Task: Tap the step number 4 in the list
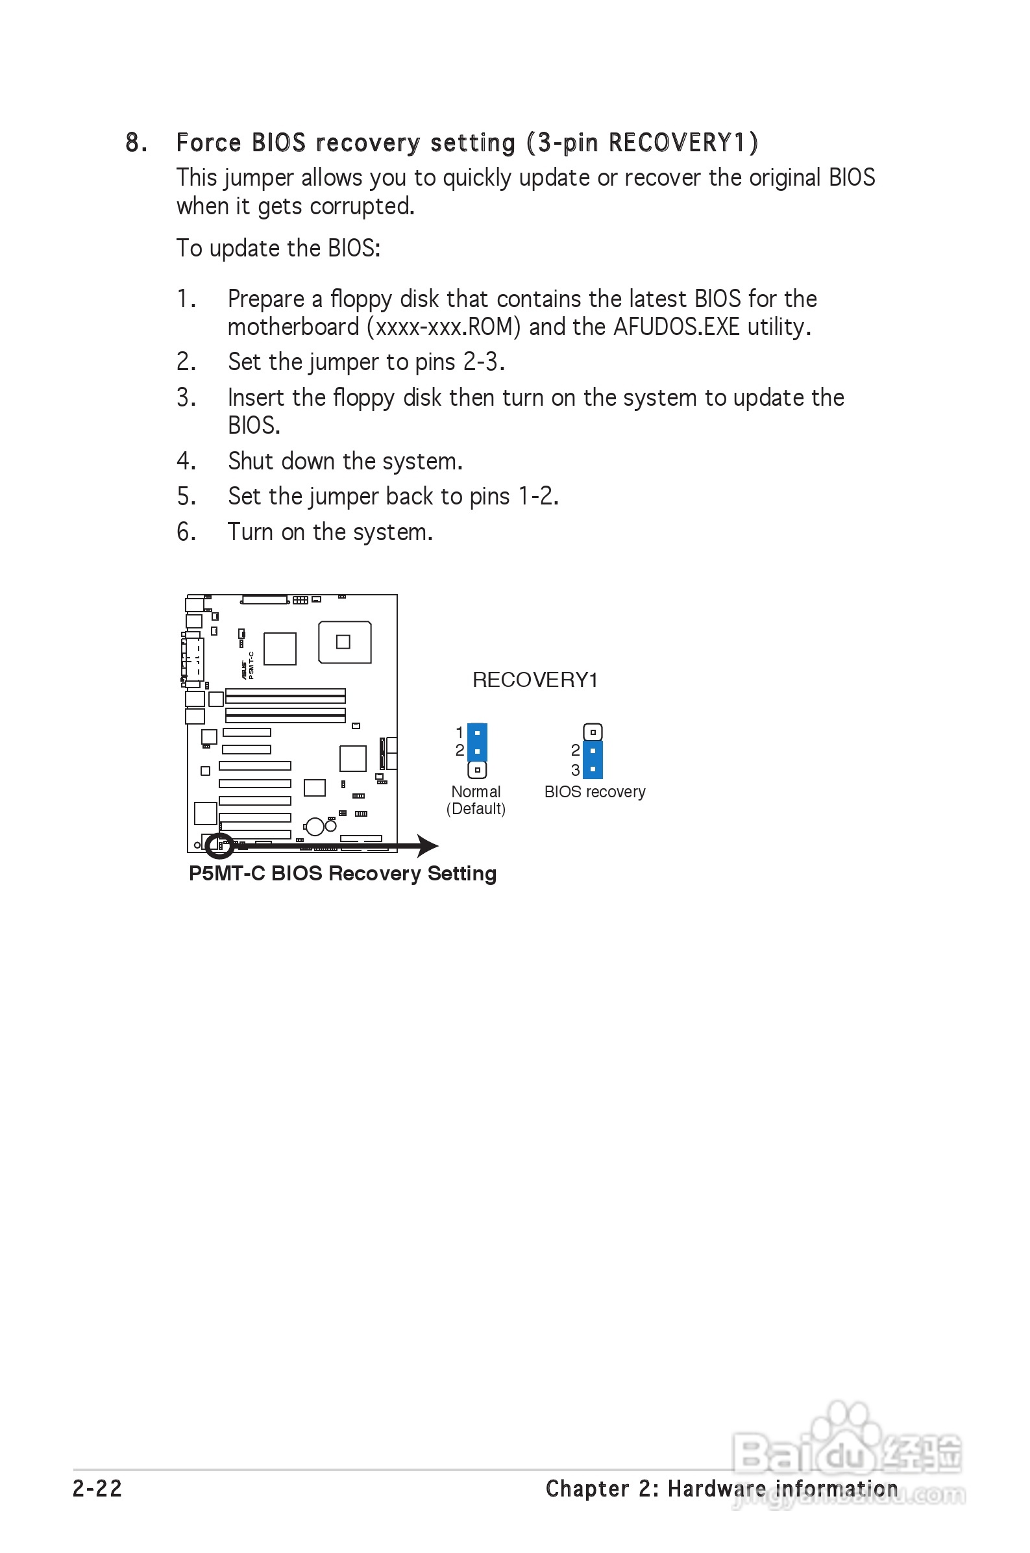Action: click(x=185, y=461)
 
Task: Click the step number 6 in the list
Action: click(x=185, y=532)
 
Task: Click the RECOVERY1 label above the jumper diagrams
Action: click(x=535, y=680)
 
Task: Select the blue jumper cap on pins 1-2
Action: click(x=477, y=741)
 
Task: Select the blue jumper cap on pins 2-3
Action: click(x=593, y=760)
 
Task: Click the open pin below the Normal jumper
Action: click(x=477, y=769)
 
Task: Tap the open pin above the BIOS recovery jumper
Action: click(x=593, y=732)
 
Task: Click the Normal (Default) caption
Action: click(x=476, y=800)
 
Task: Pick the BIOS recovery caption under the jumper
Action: click(x=595, y=791)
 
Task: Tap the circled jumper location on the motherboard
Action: click(x=219, y=845)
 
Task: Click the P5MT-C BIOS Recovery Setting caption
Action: click(x=342, y=873)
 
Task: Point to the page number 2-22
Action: click(x=97, y=1488)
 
